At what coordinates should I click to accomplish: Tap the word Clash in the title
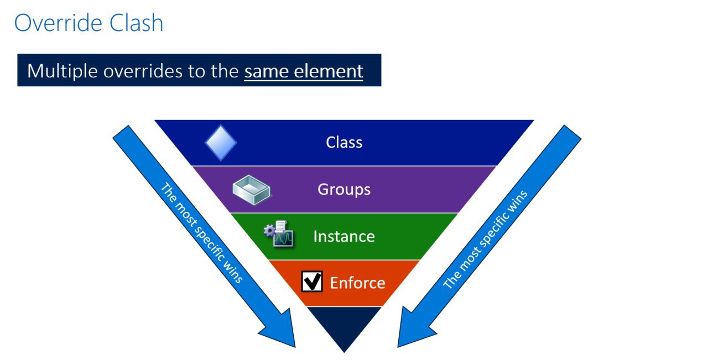tap(136, 23)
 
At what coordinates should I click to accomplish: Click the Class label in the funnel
tap(344, 142)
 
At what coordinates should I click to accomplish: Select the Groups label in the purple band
tap(344, 190)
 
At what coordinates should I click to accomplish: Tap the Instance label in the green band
tap(344, 237)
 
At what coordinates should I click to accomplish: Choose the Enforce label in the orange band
tap(357, 283)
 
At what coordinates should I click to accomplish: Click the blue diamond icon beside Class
tap(221, 143)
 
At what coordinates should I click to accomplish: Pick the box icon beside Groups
tap(252, 190)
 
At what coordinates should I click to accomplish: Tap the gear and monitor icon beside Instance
tap(279, 234)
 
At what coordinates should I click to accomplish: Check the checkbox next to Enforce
tap(312, 281)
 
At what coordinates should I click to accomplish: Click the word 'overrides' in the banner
tap(143, 71)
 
